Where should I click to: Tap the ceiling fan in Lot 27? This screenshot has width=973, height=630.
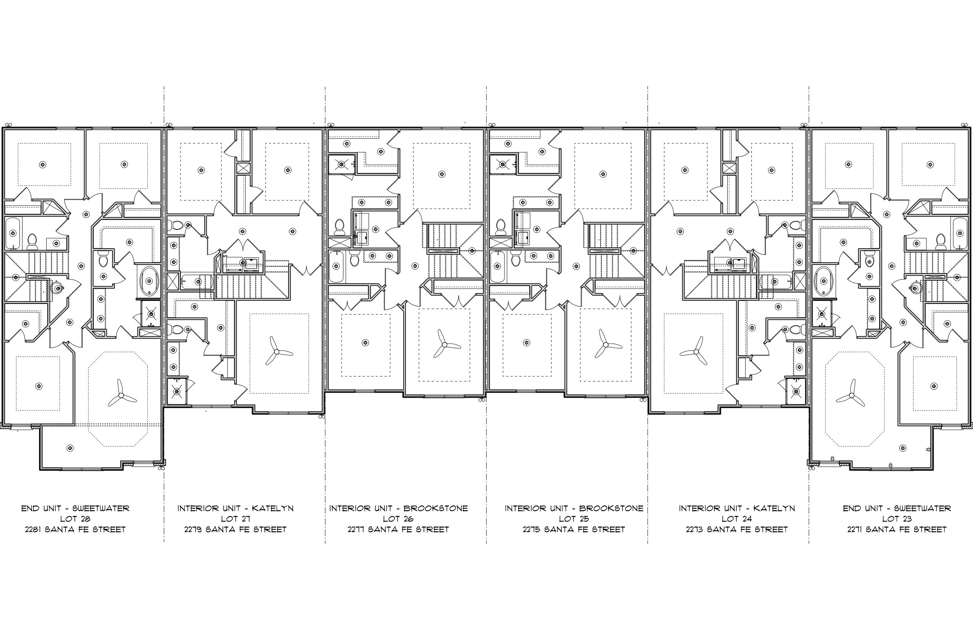[x=277, y=351]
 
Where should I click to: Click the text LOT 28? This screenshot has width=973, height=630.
[x=75, y=519]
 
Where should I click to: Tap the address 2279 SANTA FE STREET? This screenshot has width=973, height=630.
[x=235, y=529]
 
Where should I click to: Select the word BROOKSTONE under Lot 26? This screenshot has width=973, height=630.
[x=435, y=509]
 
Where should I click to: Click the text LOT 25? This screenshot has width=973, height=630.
[x=573, y=519]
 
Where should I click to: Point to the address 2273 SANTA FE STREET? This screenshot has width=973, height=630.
[x=737, y=529]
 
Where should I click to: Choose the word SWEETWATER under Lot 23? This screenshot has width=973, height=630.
[x=922, y=509]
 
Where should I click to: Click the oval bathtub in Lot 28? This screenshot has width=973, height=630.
[x=149, y=281]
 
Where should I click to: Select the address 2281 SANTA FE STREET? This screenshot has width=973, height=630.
[x=75, y=529]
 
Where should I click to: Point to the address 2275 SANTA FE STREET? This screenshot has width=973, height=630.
[x=573, y=529]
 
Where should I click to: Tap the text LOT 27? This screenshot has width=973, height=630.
[x=235, y=519]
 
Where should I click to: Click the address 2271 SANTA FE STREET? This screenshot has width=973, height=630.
[x=897, y=529]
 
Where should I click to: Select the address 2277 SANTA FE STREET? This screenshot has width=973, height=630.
[x=398, y=529]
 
